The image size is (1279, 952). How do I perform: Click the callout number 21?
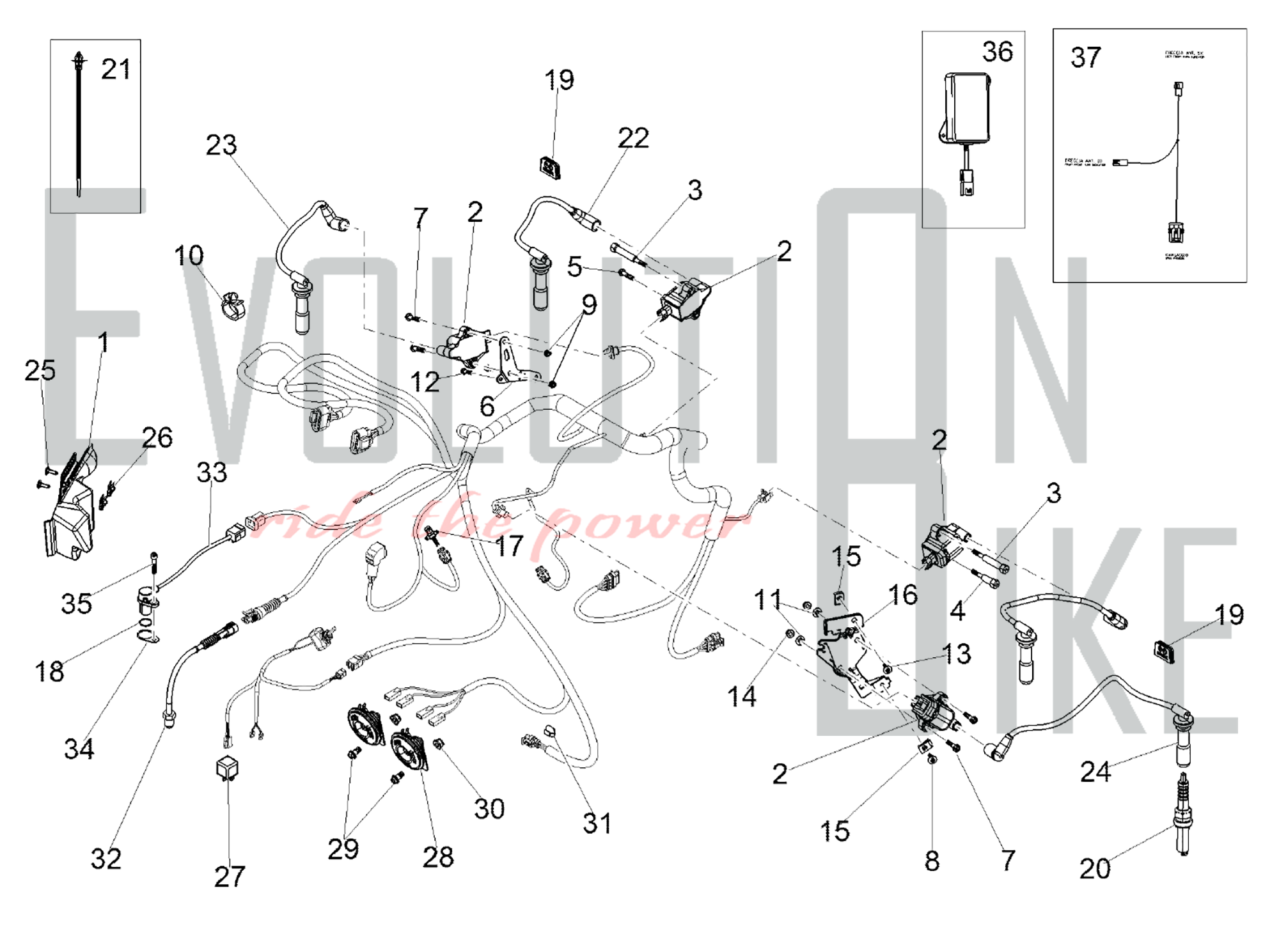[116, 69]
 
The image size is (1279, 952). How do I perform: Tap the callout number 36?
[998, 52]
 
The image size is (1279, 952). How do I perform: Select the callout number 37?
[1086, 58]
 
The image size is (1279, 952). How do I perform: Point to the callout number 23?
[221, 145]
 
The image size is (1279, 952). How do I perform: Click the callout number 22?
[633, 138]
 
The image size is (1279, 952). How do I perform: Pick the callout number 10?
[189, 256]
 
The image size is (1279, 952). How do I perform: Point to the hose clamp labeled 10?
[233, 306]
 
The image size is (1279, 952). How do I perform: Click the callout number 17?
[509, 546]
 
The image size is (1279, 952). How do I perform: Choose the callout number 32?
[106, 859]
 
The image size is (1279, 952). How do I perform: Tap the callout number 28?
[438, 857]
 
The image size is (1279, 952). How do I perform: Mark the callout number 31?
[597, 823]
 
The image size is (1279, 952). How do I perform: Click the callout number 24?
[1095, 772]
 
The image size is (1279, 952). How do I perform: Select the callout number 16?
[903, 595]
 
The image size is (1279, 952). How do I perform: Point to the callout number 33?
[212, 472]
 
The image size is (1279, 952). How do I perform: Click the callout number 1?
[103, 343]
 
